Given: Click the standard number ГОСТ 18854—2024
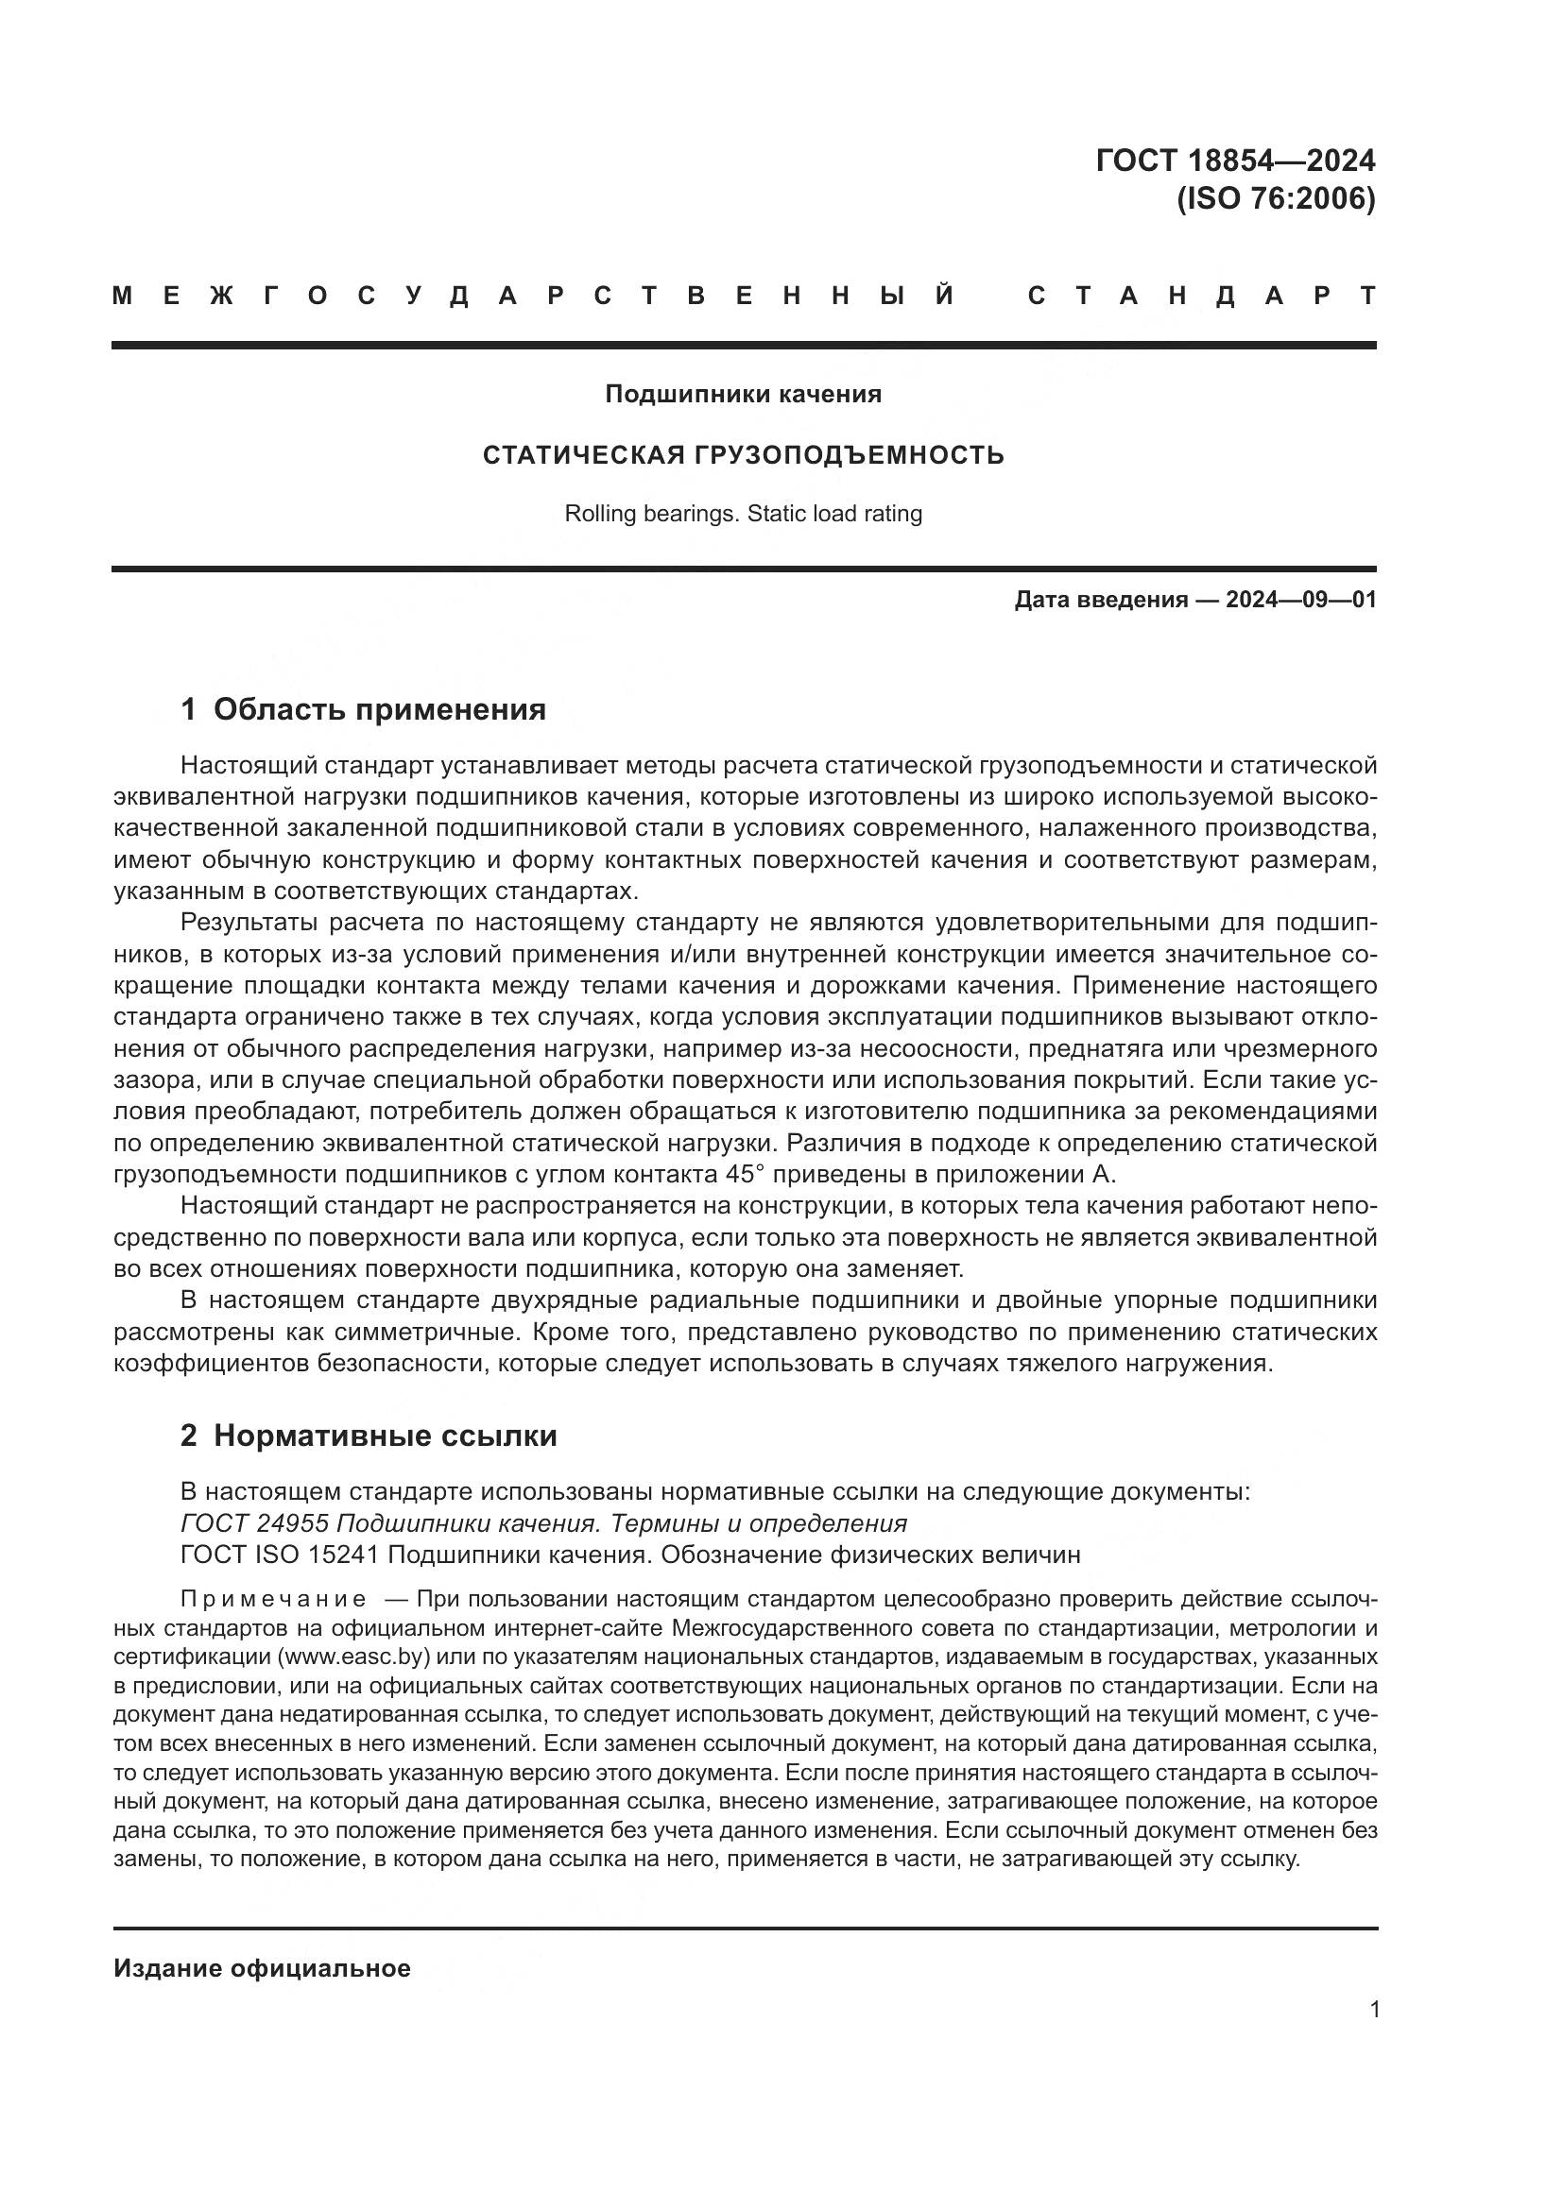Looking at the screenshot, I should click(1235, 160).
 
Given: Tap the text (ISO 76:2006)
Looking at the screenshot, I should click(1276, 199).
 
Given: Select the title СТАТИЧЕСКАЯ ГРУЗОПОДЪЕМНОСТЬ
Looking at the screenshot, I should click(743, 455).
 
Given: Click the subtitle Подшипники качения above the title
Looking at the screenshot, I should click(743, 395).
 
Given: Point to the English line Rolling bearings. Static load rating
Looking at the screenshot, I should click(743, 514).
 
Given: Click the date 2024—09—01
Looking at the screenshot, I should click(1300, 601).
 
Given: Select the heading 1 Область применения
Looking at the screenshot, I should click(363, 709).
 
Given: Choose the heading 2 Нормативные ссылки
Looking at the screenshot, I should click(369, 1436).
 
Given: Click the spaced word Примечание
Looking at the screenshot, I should click(273, 1599).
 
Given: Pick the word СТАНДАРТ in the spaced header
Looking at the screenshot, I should click(1201, 297).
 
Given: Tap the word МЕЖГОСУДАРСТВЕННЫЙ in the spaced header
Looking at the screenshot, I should click(534, 297).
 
